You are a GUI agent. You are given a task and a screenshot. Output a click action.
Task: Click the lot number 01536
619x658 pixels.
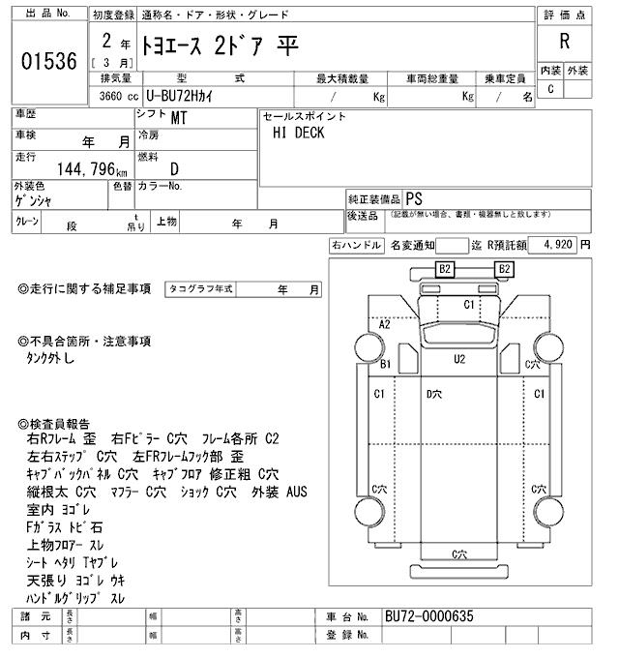coord(47,62)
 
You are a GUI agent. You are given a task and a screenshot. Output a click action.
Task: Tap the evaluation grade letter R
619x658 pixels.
coord(564,42)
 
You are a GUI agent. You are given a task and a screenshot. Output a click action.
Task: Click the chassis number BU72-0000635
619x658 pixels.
coord(429,616)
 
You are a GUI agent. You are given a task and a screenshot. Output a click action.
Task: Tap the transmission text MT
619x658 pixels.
coord(179,120)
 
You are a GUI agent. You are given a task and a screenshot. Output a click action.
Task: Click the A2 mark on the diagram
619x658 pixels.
coord(384,324)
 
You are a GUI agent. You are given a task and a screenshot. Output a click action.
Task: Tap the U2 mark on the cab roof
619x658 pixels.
coord(459,359)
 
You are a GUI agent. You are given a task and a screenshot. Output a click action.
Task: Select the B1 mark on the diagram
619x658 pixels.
coord(385,364)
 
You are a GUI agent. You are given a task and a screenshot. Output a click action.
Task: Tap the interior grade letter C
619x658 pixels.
coord(550,90)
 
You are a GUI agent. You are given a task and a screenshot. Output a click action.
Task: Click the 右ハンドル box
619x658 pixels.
coord(356,246)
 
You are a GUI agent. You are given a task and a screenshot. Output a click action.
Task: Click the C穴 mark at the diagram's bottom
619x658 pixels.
coord(459,553)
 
